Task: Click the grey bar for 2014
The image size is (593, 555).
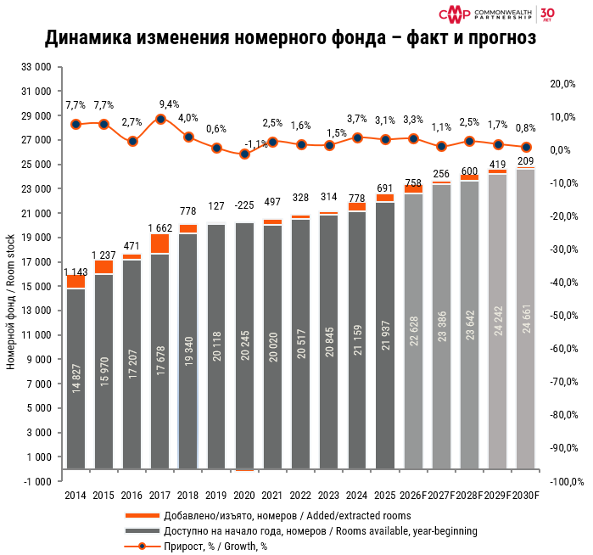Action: (76, 378)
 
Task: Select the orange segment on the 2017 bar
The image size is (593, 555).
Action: (159, 244)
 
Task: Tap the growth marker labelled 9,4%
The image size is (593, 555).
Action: (160, 120)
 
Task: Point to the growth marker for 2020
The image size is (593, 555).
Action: (244, 154)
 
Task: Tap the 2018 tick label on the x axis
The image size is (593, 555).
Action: (187, 495)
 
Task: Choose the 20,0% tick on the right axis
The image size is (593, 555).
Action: (563, 84)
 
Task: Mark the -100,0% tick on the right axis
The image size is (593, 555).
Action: (560, 481)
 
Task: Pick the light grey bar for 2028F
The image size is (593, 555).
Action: (468, 323)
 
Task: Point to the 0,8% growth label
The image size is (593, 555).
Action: (525, 128)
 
